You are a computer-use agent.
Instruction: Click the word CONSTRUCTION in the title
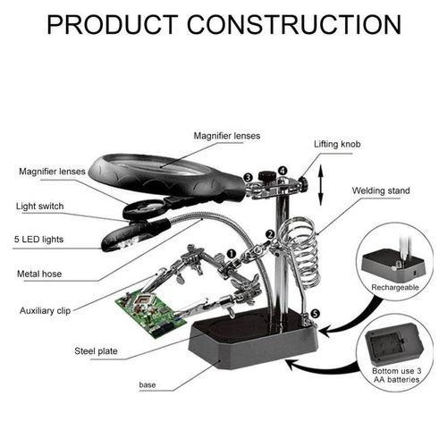pyautogui.click(x=294, y=25)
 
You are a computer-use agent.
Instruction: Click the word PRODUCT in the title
pyautogui.click(x=113, y=25)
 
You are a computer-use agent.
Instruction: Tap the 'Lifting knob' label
pyautogui.click(x=337, y=144)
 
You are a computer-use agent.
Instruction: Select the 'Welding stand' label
pyautogui.click(x=381, y=190)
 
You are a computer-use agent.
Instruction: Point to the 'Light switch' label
pyautogui.click(x=39, y=207)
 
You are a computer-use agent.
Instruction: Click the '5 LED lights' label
pyautogui.click(x=38, y=240)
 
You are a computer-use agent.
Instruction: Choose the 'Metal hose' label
pyautogui.click(x=39, y=274)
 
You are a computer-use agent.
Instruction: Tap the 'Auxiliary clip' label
pyautogui.click(x=45, y=311)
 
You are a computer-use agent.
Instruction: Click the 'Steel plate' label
pyautogui.click(x=96, y=351)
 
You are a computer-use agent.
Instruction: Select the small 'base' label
pyautogui.click(x=148, y=384)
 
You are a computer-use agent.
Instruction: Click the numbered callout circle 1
pyautogui.click(x=232, y=254)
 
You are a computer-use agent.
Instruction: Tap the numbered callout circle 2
pyautogui.click(x=270, y=234)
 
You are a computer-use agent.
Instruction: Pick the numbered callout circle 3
pyautogui.click(x=248, y=178)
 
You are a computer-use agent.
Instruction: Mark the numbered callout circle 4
pyautogui.click(x=283, y=171)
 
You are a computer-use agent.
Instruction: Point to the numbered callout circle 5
pyautogui.click(x=315, y=314)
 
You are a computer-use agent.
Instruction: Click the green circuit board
pyautogui.click(x=150, y=313)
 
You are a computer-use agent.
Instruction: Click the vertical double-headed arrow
pyautogui.click(x=321, y=185)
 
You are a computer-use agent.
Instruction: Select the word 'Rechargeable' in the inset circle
pyautogui.click(x=395, y=288)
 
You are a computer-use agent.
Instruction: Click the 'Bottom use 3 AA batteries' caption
pyautogui.click(x=397, y=375)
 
